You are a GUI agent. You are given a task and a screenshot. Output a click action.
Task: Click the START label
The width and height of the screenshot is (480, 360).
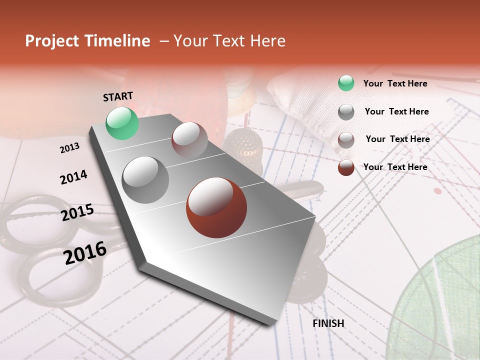click(x=118, y=96)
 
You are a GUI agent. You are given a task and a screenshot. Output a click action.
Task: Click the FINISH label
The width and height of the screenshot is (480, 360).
click(x=328, y=323)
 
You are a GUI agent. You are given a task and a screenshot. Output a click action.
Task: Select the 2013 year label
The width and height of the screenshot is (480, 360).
click(x=69, y=148)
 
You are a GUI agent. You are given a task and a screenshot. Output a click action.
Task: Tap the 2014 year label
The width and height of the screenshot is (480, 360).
click(x=73, y=177)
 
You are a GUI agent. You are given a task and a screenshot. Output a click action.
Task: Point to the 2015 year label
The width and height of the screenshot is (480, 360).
click(x=77, y=212)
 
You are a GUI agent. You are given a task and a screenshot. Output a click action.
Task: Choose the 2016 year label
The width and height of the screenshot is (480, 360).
click(x=85, y=252)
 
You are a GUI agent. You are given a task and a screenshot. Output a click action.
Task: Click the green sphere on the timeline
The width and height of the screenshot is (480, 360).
click(x=122, y=123)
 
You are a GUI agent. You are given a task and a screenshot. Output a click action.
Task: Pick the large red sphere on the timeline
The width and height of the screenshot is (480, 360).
click(x=216, y=207)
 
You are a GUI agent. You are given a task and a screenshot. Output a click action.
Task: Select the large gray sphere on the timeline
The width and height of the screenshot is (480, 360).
click(x=145, y=179)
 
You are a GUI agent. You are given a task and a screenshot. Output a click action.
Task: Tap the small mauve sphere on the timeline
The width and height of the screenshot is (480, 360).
click(x=189, y=140)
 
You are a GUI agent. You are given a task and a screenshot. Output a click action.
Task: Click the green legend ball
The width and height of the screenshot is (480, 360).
click(x=346, y=83)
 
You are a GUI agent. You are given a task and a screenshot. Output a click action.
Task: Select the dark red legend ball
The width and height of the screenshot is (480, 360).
click(x=346, y=167)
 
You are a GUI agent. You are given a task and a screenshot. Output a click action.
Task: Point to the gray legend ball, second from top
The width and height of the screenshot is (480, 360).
click(x=346, y=112)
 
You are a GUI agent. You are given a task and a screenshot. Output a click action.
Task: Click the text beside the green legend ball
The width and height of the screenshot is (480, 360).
click(x=395, y=83)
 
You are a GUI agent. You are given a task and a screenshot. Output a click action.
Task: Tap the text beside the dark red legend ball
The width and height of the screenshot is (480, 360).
click(x=395, y=167)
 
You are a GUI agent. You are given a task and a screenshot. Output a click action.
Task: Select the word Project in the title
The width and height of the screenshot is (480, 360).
click(x=51, y=41)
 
